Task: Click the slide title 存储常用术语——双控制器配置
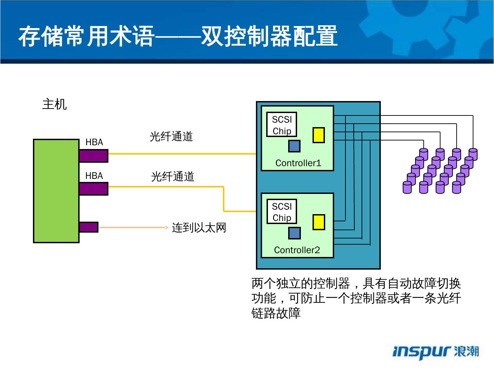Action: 178,36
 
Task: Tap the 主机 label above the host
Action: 55,104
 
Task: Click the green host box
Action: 56,191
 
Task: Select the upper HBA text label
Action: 94,142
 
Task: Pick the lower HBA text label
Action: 94,176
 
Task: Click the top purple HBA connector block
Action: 94,156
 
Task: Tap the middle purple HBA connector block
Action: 94,189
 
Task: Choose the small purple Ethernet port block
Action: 89,227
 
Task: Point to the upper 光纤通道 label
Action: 171,136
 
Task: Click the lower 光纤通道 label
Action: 173,176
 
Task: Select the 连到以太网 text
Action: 199,228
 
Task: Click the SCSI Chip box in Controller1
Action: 282,124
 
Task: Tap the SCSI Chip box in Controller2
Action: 282,211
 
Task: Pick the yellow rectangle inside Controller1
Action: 318,135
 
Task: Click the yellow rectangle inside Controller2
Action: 319,222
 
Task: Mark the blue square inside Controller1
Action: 294,146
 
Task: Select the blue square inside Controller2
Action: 295,233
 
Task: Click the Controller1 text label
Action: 298,163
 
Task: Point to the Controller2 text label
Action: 297,250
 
